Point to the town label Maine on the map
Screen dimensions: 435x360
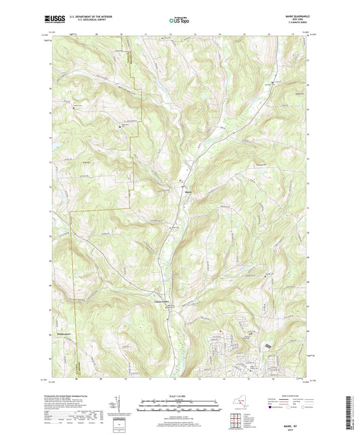click(x=188, y=190)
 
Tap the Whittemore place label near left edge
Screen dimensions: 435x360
click(x=64, y=340)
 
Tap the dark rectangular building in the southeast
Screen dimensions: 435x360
click(x=270, y=345)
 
